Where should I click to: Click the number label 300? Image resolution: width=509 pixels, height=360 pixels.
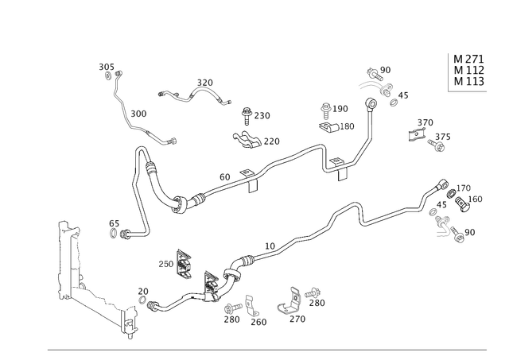[x=138, y=112]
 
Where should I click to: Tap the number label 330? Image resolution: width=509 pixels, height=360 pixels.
[x=207, y=82]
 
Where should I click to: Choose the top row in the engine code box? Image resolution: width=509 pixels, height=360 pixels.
[x=468, y=58]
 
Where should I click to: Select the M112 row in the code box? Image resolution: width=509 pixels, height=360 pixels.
[x=468, y=69]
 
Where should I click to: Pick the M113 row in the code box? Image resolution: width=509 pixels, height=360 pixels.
[x=468, y=80]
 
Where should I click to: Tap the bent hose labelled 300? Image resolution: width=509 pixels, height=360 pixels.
[x=143, y=127]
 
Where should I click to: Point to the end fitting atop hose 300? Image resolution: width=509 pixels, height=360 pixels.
[x=110, y=72]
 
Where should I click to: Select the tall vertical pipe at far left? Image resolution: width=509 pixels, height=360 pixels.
[x=60, y=262]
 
